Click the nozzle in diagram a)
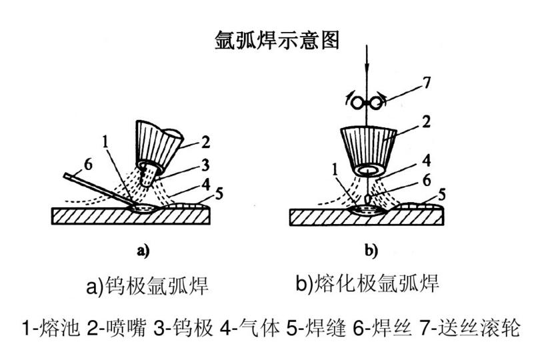pyautogui.click(x=157, y=141)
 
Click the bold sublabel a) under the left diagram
pyautogui.click(x=141, y=251)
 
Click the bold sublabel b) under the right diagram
pyautogui.click(x=371, y=251)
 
